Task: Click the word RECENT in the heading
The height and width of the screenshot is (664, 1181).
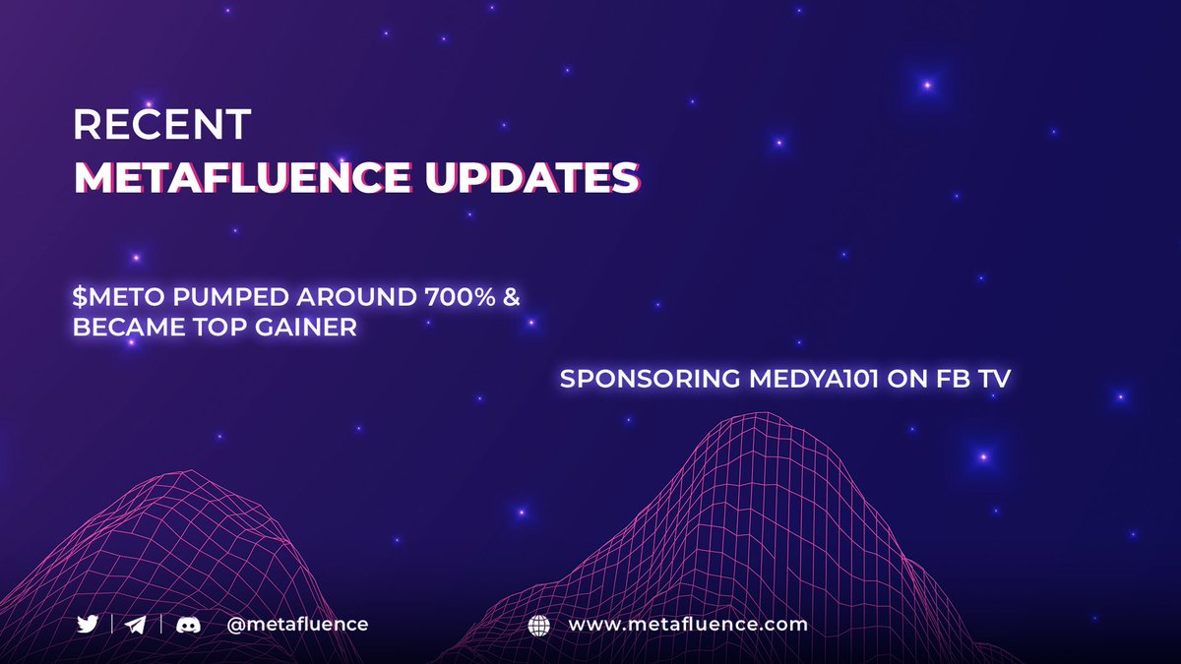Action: pyautogui.click(x=162, y=125)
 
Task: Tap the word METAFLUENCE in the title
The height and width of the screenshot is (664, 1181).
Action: pyautogui.click(x=241, y=177)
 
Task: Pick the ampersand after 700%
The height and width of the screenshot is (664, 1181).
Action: pyautogui.click(x=512, y=296)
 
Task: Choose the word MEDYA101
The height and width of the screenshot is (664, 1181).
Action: pyautogui.click(x=796, y=379)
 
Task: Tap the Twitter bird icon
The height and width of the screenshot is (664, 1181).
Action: pyautogui.click(x=88, y=625)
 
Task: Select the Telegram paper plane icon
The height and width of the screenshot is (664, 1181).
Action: pyautogui.click(x=137, y=625)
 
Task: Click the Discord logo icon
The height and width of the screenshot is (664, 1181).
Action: pyautogui.click(x=188, y=625)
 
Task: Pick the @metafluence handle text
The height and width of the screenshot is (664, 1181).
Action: pyautogui.click(x=296, y=625)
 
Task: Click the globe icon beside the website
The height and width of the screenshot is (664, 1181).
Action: pyautogui.click(x=539, y=625)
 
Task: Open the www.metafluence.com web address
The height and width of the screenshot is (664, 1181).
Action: pyautogui.click(x=687, y=625)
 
